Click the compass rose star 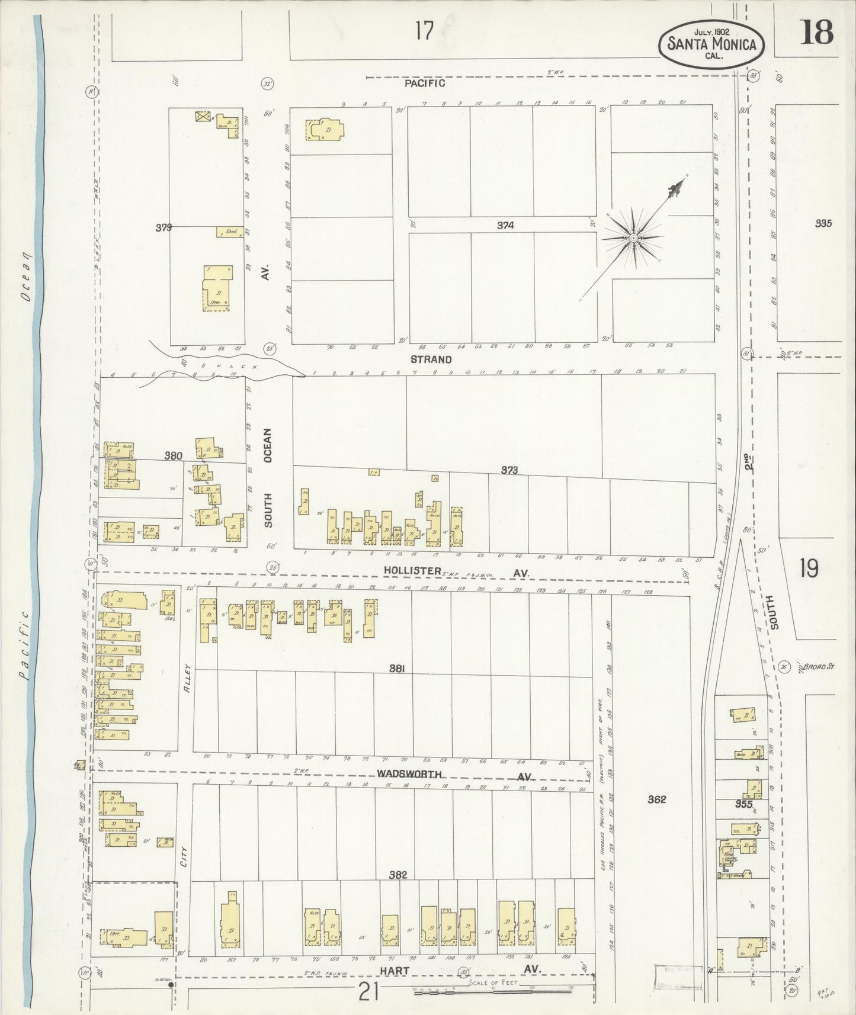tap(633, 237)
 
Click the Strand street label tap(431, 359)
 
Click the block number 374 tap(505, 225)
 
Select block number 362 tap(656, 799)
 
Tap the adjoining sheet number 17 tap(424, 30)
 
